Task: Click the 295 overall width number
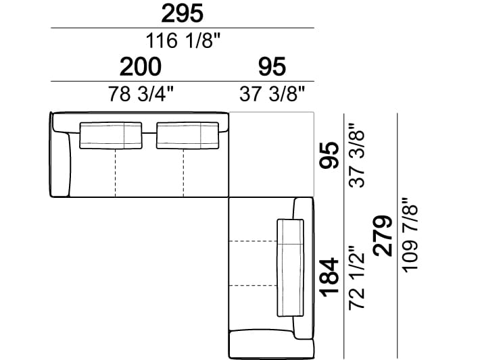(183, 14)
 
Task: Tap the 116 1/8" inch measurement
(183, 41)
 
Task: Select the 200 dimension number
(141, 67)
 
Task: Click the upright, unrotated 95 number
(272, 67)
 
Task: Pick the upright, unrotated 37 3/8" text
(272, 93)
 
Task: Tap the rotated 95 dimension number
(330, 155)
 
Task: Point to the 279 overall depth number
(383, 235)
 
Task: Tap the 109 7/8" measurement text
(409, 235)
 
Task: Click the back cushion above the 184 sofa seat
(291, 267)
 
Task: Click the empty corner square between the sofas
(273, 154)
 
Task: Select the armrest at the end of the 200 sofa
(59, 162)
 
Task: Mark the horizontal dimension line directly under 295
(183, 28)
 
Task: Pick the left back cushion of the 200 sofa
(112, 135)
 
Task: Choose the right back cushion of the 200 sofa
(188, 135)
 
